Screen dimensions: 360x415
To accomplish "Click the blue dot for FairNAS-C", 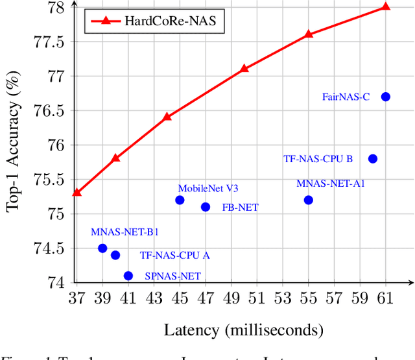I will pos(386,97).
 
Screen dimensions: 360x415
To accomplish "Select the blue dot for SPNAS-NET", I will pos(128,276).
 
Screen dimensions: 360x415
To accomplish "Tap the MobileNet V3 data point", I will pos(180,200).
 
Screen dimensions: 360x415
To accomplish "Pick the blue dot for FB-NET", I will pos(206,207).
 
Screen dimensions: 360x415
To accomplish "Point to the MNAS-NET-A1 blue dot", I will pos(308,200).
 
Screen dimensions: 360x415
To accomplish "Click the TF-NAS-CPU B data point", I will pos(373,159).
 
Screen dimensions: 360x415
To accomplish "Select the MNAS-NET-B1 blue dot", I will pos(102,248).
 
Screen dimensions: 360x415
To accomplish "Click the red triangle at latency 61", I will pos(386,6).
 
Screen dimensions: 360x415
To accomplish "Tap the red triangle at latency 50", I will pos(244,68).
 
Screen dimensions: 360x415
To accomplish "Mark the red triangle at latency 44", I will pos(167,116).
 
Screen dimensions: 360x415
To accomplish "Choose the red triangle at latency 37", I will pos(77,192).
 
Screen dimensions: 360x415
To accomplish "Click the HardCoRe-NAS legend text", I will pos(185,23).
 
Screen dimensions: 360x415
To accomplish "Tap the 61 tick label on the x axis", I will pos(386,298).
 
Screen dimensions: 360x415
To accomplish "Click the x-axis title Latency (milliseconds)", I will pos(243,330).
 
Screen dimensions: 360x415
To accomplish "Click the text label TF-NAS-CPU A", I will pos(175,256).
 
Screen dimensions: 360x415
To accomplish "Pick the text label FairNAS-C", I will pos(346,97).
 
